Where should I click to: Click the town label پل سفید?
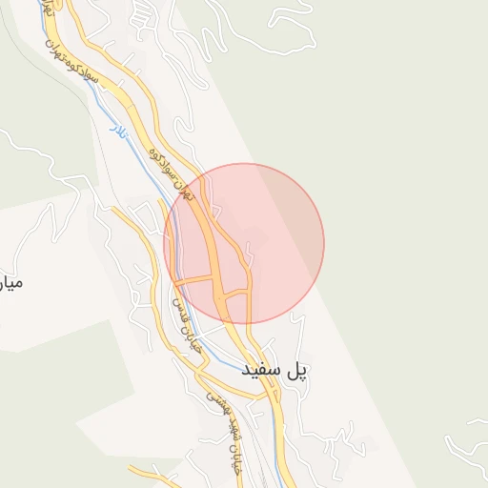click(276, 369)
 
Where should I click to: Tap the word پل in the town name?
click(298, 369)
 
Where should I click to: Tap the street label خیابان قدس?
click(185, 324)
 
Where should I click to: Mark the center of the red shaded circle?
click(244, 243)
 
